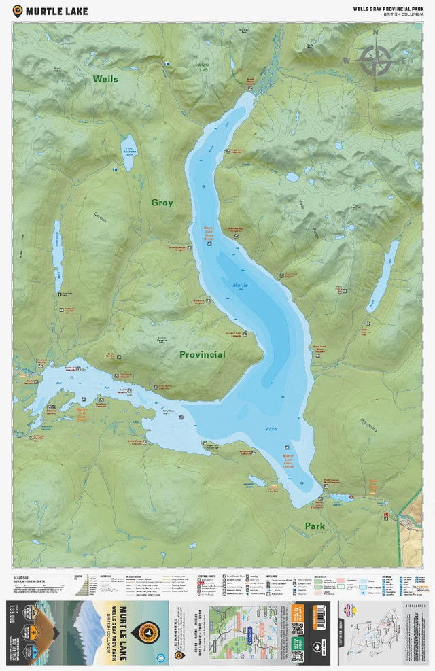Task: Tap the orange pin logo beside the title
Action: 18,10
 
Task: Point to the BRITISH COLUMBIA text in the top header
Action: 402,14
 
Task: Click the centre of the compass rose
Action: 375,60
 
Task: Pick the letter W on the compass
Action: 346,61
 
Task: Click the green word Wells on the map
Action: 105,79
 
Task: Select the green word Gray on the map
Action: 162,203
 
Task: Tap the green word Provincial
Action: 202,355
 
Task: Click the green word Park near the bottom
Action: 314,526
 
